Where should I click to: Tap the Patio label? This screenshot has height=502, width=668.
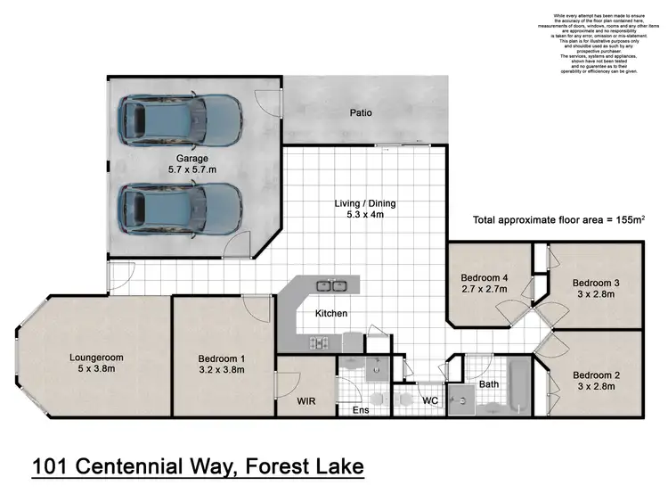[361, 113]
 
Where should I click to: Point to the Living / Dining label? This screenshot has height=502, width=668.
[365, 203]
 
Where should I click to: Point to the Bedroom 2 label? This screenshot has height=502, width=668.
[596, 374]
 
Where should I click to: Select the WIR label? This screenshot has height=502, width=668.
[307, 401]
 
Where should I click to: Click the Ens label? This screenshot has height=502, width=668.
[360, 411]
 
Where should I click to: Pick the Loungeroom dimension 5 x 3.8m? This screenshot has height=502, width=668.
[95, 370]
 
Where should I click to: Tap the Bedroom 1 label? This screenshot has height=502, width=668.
[222, 359]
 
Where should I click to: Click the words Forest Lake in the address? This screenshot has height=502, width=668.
[304, 465]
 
